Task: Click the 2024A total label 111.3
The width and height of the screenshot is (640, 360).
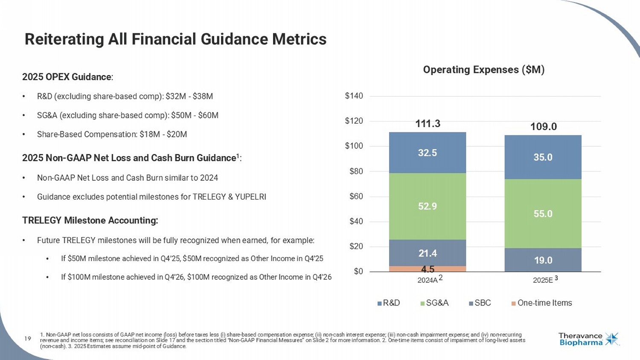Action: pos(428,124)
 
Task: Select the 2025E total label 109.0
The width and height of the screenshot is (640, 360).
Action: pos(543,127)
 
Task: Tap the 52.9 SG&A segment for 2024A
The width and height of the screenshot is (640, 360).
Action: pos(428,206)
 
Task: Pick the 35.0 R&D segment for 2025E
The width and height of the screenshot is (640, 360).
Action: pos(543,157)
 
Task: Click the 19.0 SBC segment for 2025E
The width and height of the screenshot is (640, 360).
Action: pos(543,260)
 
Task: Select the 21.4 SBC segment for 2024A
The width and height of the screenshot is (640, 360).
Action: pos(428,253)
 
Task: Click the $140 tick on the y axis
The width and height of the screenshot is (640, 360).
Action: pos(354,96)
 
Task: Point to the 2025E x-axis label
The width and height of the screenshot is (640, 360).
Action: pos(543,280)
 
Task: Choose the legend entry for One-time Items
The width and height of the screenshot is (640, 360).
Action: pos(542,303)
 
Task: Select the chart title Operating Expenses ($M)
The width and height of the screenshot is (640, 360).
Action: pos(483,70)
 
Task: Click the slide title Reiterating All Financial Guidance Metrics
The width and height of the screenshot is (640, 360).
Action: pos(175,39)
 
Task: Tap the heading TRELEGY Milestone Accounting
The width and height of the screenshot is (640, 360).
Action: pos(90,221)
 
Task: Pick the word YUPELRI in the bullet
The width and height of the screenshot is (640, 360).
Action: pos(250,197)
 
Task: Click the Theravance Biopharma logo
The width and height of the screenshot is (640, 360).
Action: pos(589,339)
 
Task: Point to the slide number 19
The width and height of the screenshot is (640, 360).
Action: pos(28,339)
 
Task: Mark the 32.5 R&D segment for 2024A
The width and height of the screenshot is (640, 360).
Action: pos(428,153)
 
